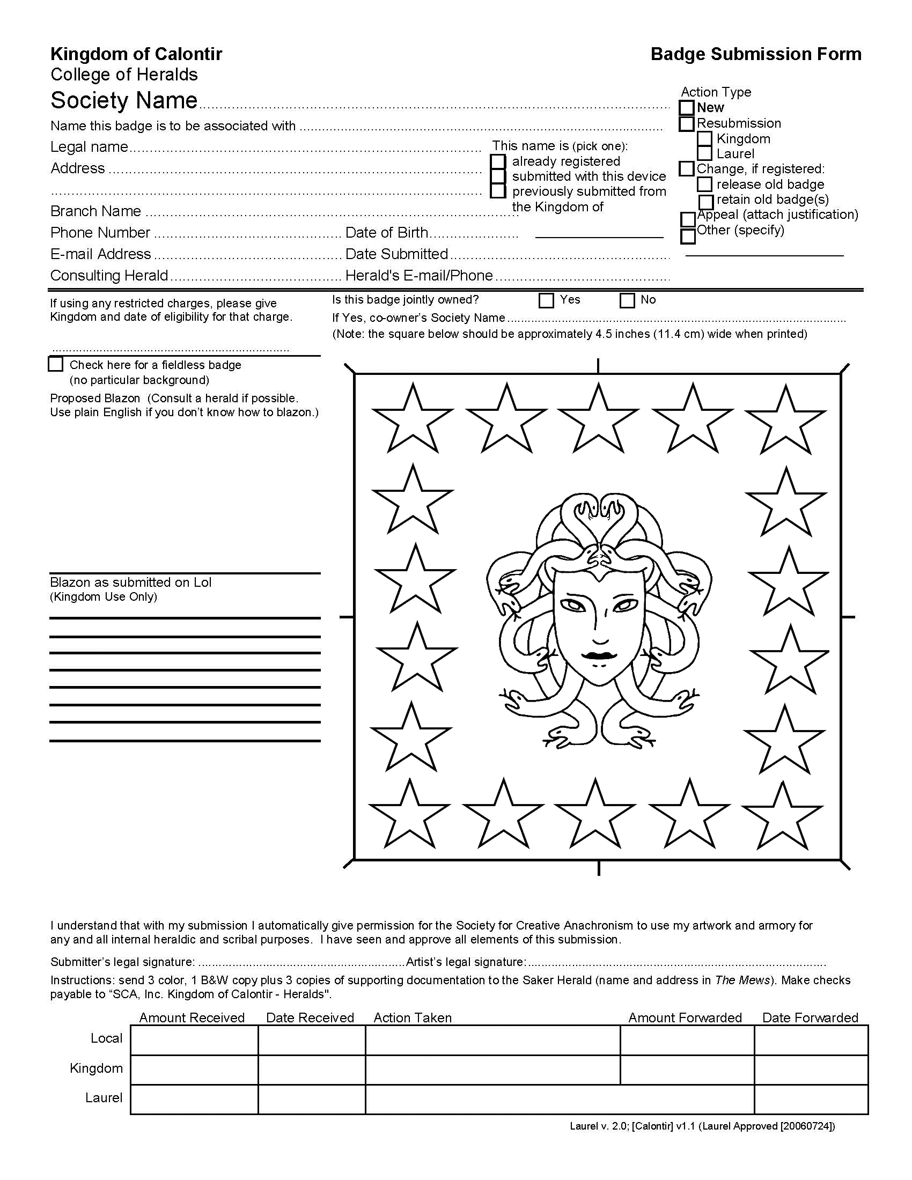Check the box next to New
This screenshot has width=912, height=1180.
(686, 108)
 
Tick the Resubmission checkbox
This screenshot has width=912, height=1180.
(686, 124)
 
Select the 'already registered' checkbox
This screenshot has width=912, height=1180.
(498, 161)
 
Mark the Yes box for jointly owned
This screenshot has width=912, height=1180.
(546, 300)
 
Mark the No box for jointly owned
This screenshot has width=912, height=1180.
(627, 300)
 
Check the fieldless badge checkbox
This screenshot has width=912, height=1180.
(56, 364)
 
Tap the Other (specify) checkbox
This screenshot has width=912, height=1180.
(688, 236)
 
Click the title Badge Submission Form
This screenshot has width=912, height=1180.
(755, 54)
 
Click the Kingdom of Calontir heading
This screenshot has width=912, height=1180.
(136, 54)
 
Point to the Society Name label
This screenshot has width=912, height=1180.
(124, 100)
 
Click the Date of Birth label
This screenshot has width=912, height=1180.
(386, 233)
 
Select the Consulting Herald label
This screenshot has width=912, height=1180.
(109, 276)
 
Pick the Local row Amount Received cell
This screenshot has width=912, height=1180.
(194, 1040)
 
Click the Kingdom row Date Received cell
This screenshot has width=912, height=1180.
(312, 1070)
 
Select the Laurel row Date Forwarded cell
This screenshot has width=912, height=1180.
(811, 1099)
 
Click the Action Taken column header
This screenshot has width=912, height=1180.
(412, 1018)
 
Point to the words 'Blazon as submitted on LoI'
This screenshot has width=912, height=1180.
(131, 582)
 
